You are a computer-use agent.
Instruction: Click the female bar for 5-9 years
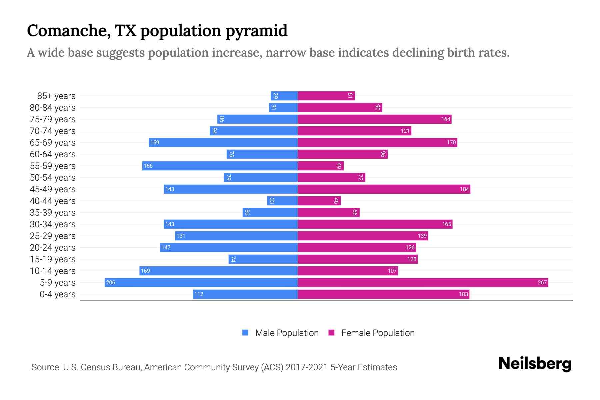pos(423,283)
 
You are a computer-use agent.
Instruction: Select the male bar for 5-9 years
pos(201,283)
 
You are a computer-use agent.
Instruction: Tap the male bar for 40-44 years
pos(282,201)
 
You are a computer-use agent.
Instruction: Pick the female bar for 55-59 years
pos(321,166)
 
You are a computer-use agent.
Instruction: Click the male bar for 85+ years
pos(284,96)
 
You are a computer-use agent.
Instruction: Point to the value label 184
pos(464,189)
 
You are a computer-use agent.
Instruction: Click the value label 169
pos(145,271)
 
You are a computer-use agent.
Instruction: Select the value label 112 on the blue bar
pos(199,294)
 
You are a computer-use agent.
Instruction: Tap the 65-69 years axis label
pos(53,143)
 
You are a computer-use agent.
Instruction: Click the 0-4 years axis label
pos(57,294)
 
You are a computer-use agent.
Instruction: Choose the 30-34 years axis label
pos(53,224)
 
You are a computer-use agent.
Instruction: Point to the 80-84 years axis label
pos(53,108)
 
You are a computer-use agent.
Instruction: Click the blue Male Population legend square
pos(245,333)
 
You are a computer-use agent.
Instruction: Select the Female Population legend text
pos(378,333)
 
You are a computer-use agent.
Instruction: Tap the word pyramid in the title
pos(256,31)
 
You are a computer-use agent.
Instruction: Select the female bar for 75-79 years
pos(374,119)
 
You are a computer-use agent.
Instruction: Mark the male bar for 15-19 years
pos(263,259)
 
